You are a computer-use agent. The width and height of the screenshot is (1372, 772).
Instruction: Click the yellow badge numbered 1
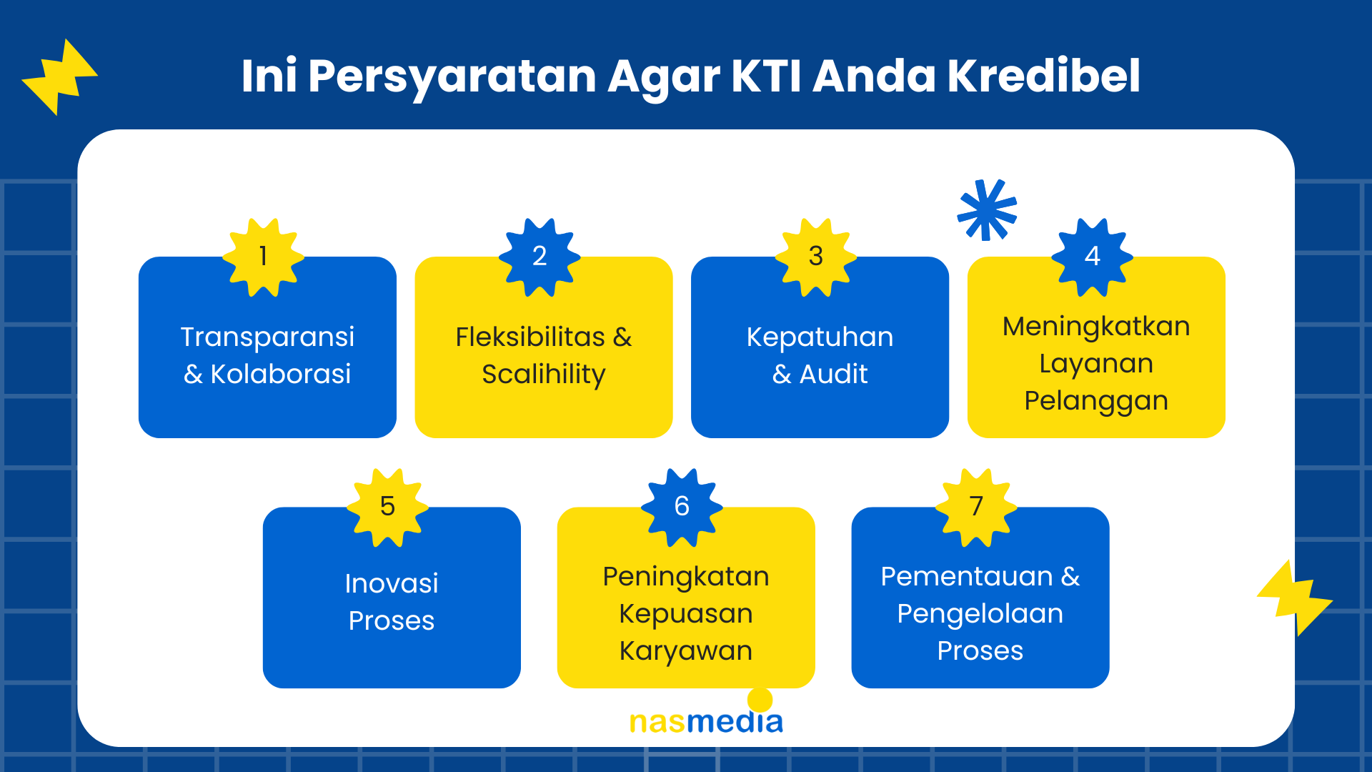pos(263,257)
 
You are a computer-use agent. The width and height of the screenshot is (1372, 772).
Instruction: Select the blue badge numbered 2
pos(540,257)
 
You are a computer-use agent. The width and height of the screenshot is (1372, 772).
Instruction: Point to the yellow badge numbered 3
pos(816,257)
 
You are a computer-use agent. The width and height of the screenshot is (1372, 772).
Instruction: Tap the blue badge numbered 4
pos(1092,257)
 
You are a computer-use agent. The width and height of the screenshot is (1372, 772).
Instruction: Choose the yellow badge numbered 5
pos(387,508)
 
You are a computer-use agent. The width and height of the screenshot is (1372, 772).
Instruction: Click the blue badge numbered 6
pos(682,508)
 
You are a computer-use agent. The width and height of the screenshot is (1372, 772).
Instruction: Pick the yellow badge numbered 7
pos(976,508)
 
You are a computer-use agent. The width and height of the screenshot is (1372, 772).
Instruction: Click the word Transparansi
pos(267,337)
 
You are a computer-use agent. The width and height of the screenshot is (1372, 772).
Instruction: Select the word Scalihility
pos(544,375)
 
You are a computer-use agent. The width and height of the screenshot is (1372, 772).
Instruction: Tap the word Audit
pos(833,374)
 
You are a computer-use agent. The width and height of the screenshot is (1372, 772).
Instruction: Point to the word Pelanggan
pos(1096,402)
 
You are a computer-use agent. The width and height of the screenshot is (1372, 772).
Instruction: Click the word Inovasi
pos(392,583)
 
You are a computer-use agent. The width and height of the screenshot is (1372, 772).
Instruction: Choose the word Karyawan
pos(686,651)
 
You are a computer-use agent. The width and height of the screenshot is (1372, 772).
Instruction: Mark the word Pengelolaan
pos(980,614)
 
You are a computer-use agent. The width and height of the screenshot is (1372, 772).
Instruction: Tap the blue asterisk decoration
pos(987,209)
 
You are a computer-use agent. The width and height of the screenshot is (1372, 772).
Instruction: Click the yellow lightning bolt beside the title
pos(60,77)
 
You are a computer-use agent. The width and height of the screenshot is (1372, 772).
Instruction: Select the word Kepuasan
pos(686,614)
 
